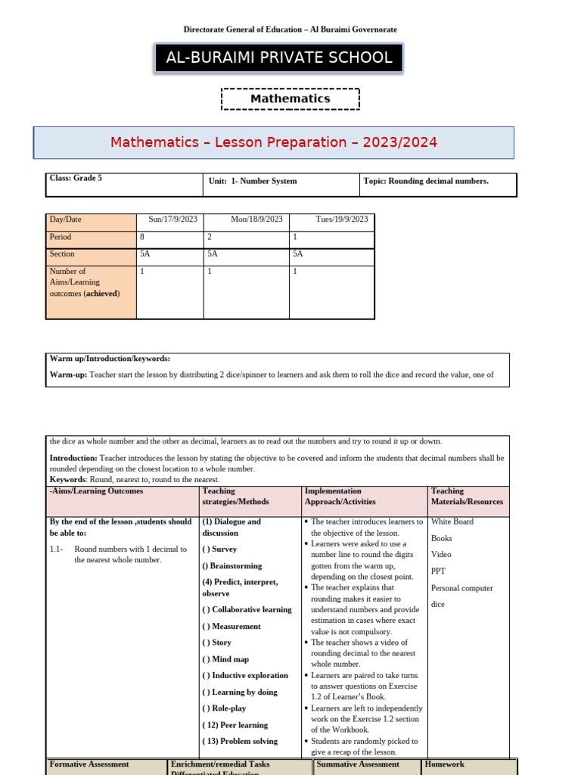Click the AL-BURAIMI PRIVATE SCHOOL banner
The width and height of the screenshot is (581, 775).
tap(278, 58)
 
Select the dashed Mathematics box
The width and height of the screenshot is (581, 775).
tap(290, 98)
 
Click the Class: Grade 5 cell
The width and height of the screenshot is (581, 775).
tap(76, 179)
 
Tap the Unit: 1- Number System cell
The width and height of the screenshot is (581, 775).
tap(253, 181)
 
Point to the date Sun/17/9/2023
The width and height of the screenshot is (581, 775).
tap(172, 219)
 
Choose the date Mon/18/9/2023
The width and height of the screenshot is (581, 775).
tap(256, 219)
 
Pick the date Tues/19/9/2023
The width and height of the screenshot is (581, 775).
tap(341, 219)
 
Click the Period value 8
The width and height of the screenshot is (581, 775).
tap(143, 237)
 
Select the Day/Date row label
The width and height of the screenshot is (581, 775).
tap(66, 219)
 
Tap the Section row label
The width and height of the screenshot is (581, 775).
tap(62, 254)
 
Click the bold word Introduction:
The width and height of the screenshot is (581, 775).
tap(73, 458)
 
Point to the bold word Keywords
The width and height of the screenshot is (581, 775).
tap(68, 479)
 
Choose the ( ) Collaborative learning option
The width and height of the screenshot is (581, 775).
tap(247, 609)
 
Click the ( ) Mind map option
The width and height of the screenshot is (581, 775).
tap(225, 659)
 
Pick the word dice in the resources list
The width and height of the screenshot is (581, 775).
tap(439, 605)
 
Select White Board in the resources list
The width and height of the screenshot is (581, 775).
tap(453, 521)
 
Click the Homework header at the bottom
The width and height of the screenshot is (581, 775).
tap(445, 764)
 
